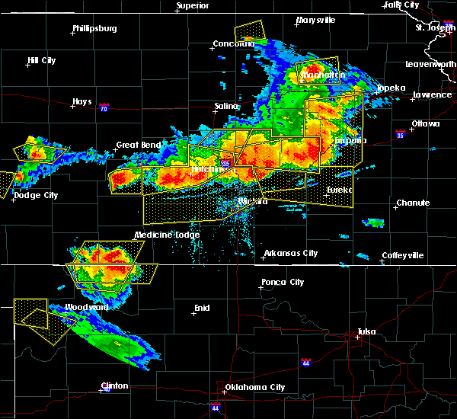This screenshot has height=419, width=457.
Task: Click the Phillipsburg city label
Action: pyautogui.click(x=94, y=29)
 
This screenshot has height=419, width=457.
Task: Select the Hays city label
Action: pyautogui.click(x=82, y=101)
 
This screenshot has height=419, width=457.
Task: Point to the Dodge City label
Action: pyautogui.click(x=36, y=196)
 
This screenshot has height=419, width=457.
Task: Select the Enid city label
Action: pyautogui.click(x=200, y=308)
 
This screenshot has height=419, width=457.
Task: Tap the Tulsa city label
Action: pyautogui.click(x=367, y=331)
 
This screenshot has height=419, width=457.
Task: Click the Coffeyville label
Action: pyautogui.click(x=402, y=255)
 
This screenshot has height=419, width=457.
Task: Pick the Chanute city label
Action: pyautogui.click(x=413, y=203)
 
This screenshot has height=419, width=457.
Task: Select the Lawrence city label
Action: pyautogui.click(x=432, y=94)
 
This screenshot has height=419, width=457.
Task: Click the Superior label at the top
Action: pyautogui.click(x=193, y=6)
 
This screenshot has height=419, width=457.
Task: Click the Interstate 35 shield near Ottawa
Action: pyautogui.click(x=400, y=134)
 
